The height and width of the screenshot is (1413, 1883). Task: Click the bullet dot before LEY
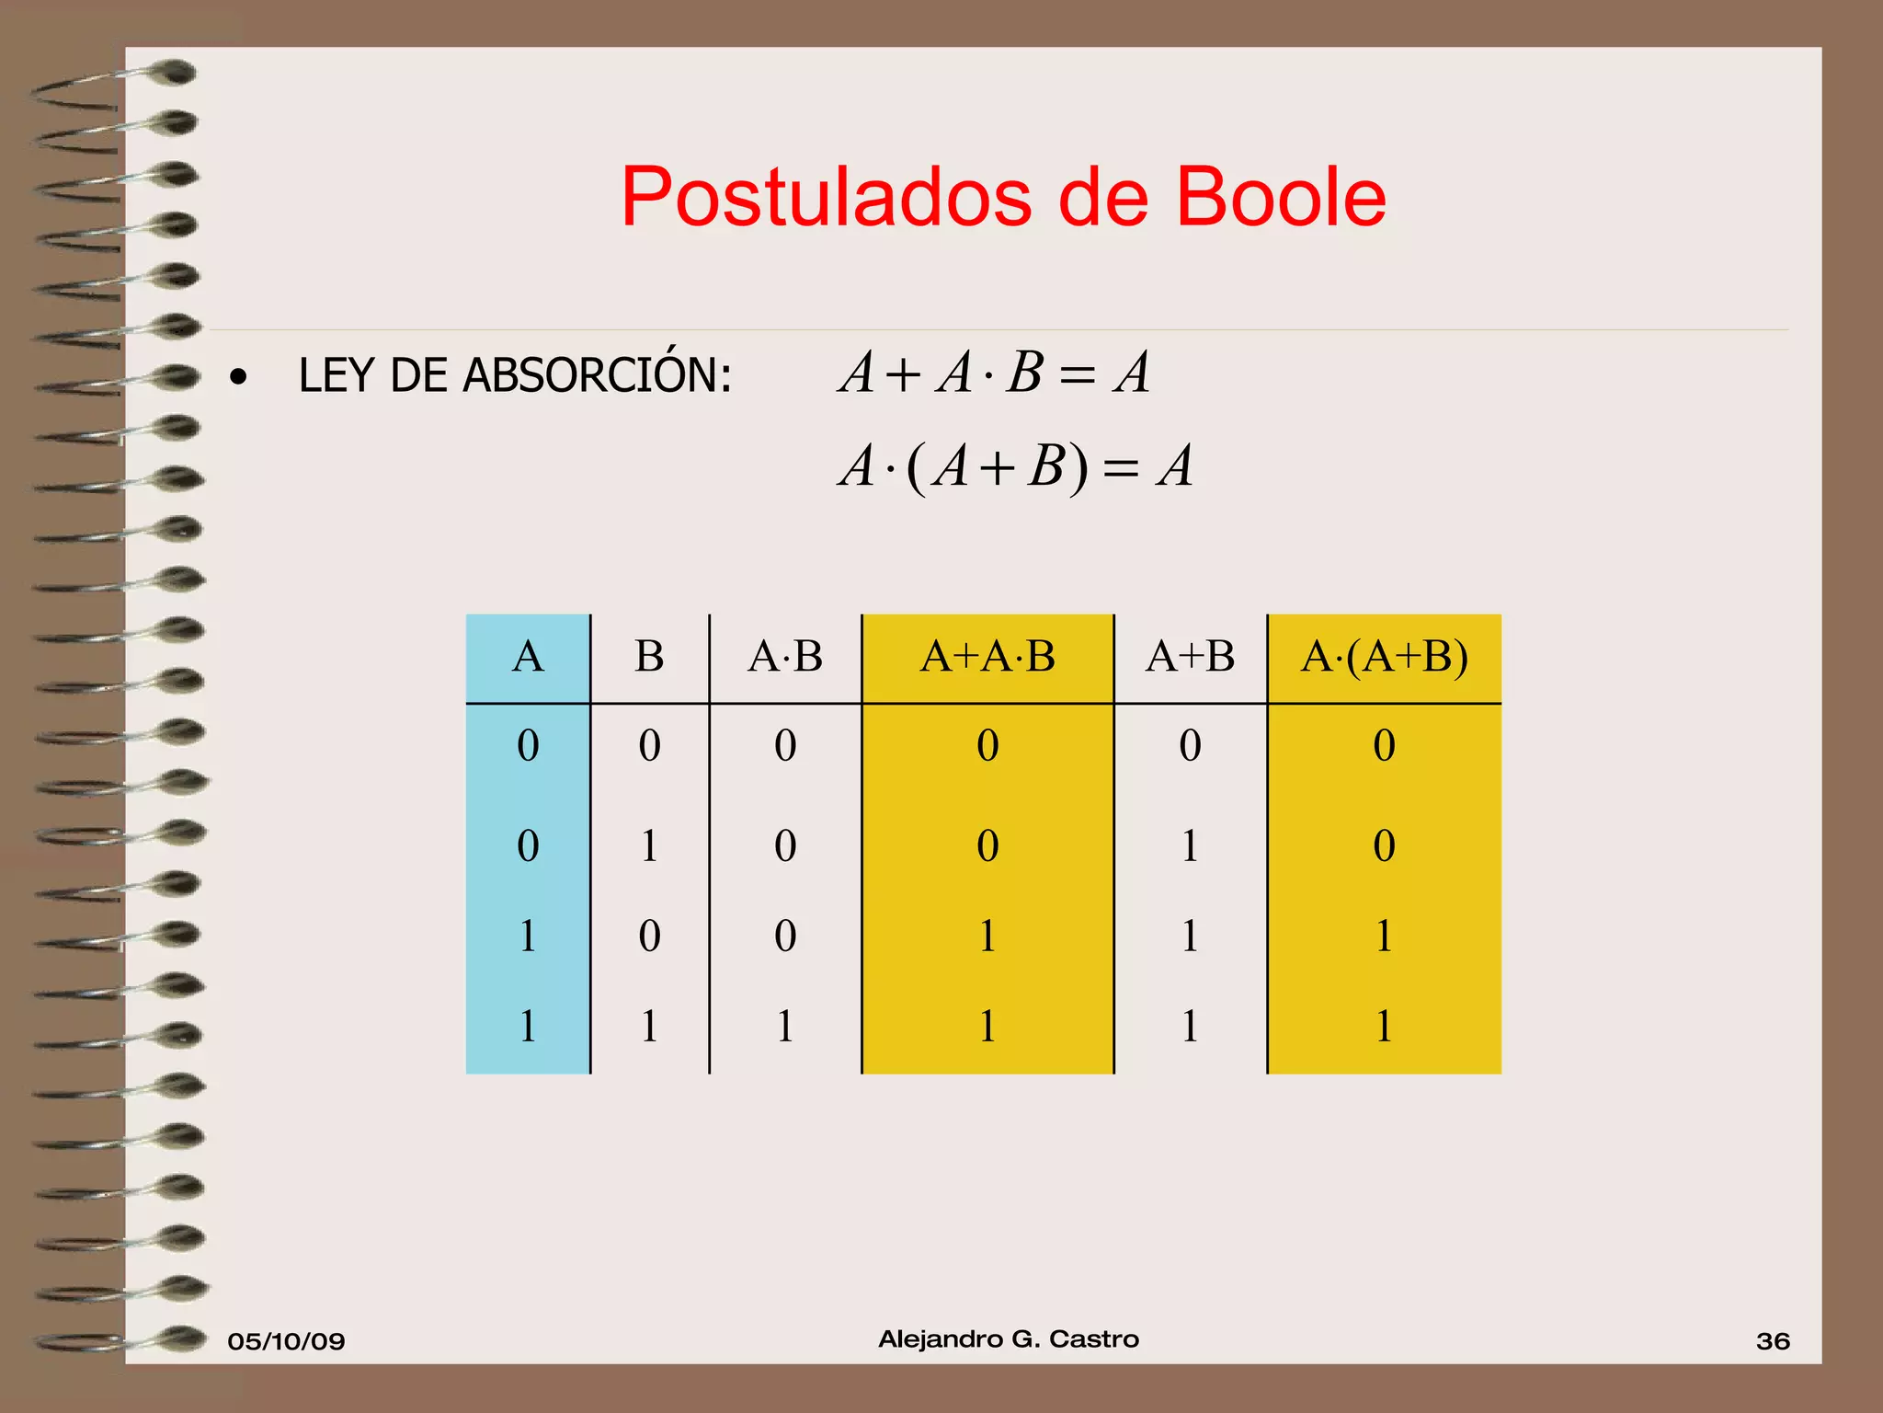coord(239,377)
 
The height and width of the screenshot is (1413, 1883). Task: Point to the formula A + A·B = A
coord(993,373)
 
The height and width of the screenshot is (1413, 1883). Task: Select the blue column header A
coord(528,657)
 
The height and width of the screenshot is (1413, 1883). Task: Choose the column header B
coord(649,657)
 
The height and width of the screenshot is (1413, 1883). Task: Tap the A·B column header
coord(785,657)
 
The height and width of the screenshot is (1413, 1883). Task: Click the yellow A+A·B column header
coord(987,657)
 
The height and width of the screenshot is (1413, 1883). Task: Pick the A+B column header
coord(1190,657)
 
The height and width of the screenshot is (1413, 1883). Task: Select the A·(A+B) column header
coord(1384,657)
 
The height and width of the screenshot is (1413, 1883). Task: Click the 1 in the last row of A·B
coord(785,1026)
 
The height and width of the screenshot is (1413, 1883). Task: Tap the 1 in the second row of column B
coord(649,845)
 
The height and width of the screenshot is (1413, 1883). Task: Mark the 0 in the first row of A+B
coord(1190,745)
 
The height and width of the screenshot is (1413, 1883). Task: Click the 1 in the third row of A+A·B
coord(987,936)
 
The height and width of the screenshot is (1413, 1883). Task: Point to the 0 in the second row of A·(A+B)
coord(1384,845)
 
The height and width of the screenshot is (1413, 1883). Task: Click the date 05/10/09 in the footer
coord(286,1341)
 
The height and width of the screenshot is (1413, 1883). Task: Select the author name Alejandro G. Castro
coord(1009,1339)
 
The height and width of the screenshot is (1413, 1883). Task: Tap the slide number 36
coord(1773,1341)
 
